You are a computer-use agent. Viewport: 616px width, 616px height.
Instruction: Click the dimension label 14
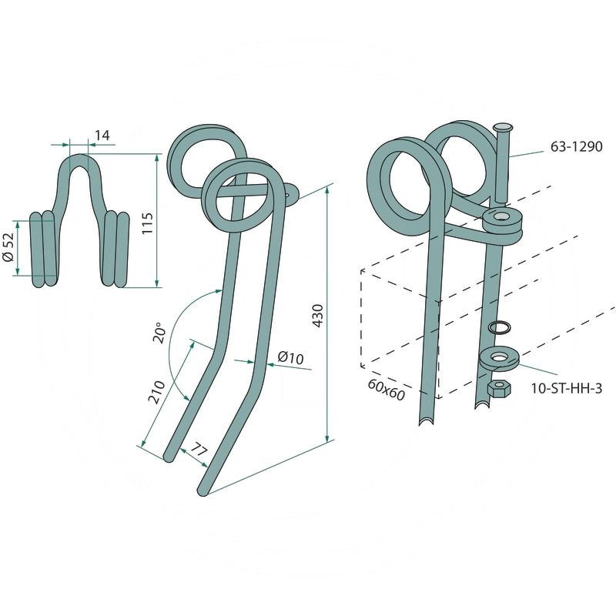102,136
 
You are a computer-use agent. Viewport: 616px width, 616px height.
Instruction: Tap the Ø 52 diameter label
8,247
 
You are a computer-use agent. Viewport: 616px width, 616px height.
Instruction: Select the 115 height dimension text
148,223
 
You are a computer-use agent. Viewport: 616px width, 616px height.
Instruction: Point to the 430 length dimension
317,316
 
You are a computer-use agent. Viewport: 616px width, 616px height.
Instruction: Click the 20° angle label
160,333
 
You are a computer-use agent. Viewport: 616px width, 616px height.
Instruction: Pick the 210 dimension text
157,392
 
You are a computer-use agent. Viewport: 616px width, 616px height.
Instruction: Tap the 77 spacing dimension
199,450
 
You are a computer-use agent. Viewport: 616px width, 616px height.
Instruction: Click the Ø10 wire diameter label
290,357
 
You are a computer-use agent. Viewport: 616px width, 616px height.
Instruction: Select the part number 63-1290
576,146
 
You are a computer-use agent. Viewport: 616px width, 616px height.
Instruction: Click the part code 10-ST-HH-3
566,389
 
